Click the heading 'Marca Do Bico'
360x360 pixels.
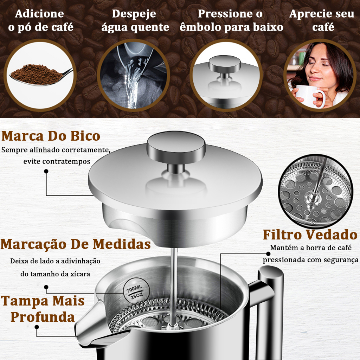coord(51,136)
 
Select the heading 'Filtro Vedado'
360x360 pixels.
coord(310,235)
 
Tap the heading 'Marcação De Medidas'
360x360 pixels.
coord(76,244)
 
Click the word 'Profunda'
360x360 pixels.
coord(43,317)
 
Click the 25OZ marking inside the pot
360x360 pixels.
coord(137,296)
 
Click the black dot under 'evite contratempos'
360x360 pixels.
coord(46,171)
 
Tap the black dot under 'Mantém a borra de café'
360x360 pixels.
coord(268,254)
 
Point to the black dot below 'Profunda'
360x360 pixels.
coord(37,327)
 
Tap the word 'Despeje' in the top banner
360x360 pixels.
coord(134,14)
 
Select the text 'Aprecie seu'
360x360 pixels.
coord(322,14)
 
